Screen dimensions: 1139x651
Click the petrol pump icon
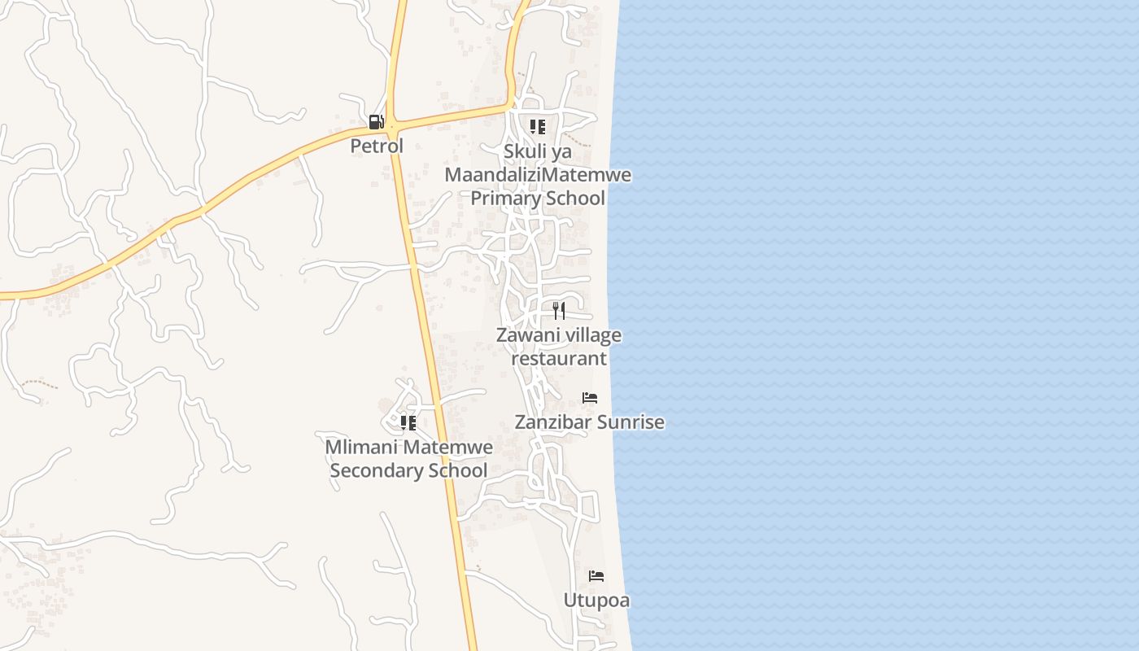click(376, 122)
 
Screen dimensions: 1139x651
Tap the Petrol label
click(377, 146)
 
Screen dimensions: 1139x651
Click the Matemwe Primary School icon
click(537, 127)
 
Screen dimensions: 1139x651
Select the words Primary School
click(538, 198)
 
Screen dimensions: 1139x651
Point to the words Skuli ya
click(538, 151)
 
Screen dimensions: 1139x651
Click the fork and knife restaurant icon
click(559, 310)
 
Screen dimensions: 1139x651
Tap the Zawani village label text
click(559, 335)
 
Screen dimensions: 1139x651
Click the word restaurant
click(559, 358)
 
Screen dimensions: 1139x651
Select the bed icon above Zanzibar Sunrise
click(590, 398)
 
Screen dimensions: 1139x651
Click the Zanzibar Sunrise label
click(590, 422)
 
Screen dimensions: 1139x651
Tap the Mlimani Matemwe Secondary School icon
click(408, 422)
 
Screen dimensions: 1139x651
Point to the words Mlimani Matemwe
click(408, 447)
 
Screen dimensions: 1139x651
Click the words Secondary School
click(408, 470)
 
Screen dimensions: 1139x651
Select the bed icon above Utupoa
click(596, 576)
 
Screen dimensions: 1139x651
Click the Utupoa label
click(596, 601)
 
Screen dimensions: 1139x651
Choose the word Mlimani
click(362, 447)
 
